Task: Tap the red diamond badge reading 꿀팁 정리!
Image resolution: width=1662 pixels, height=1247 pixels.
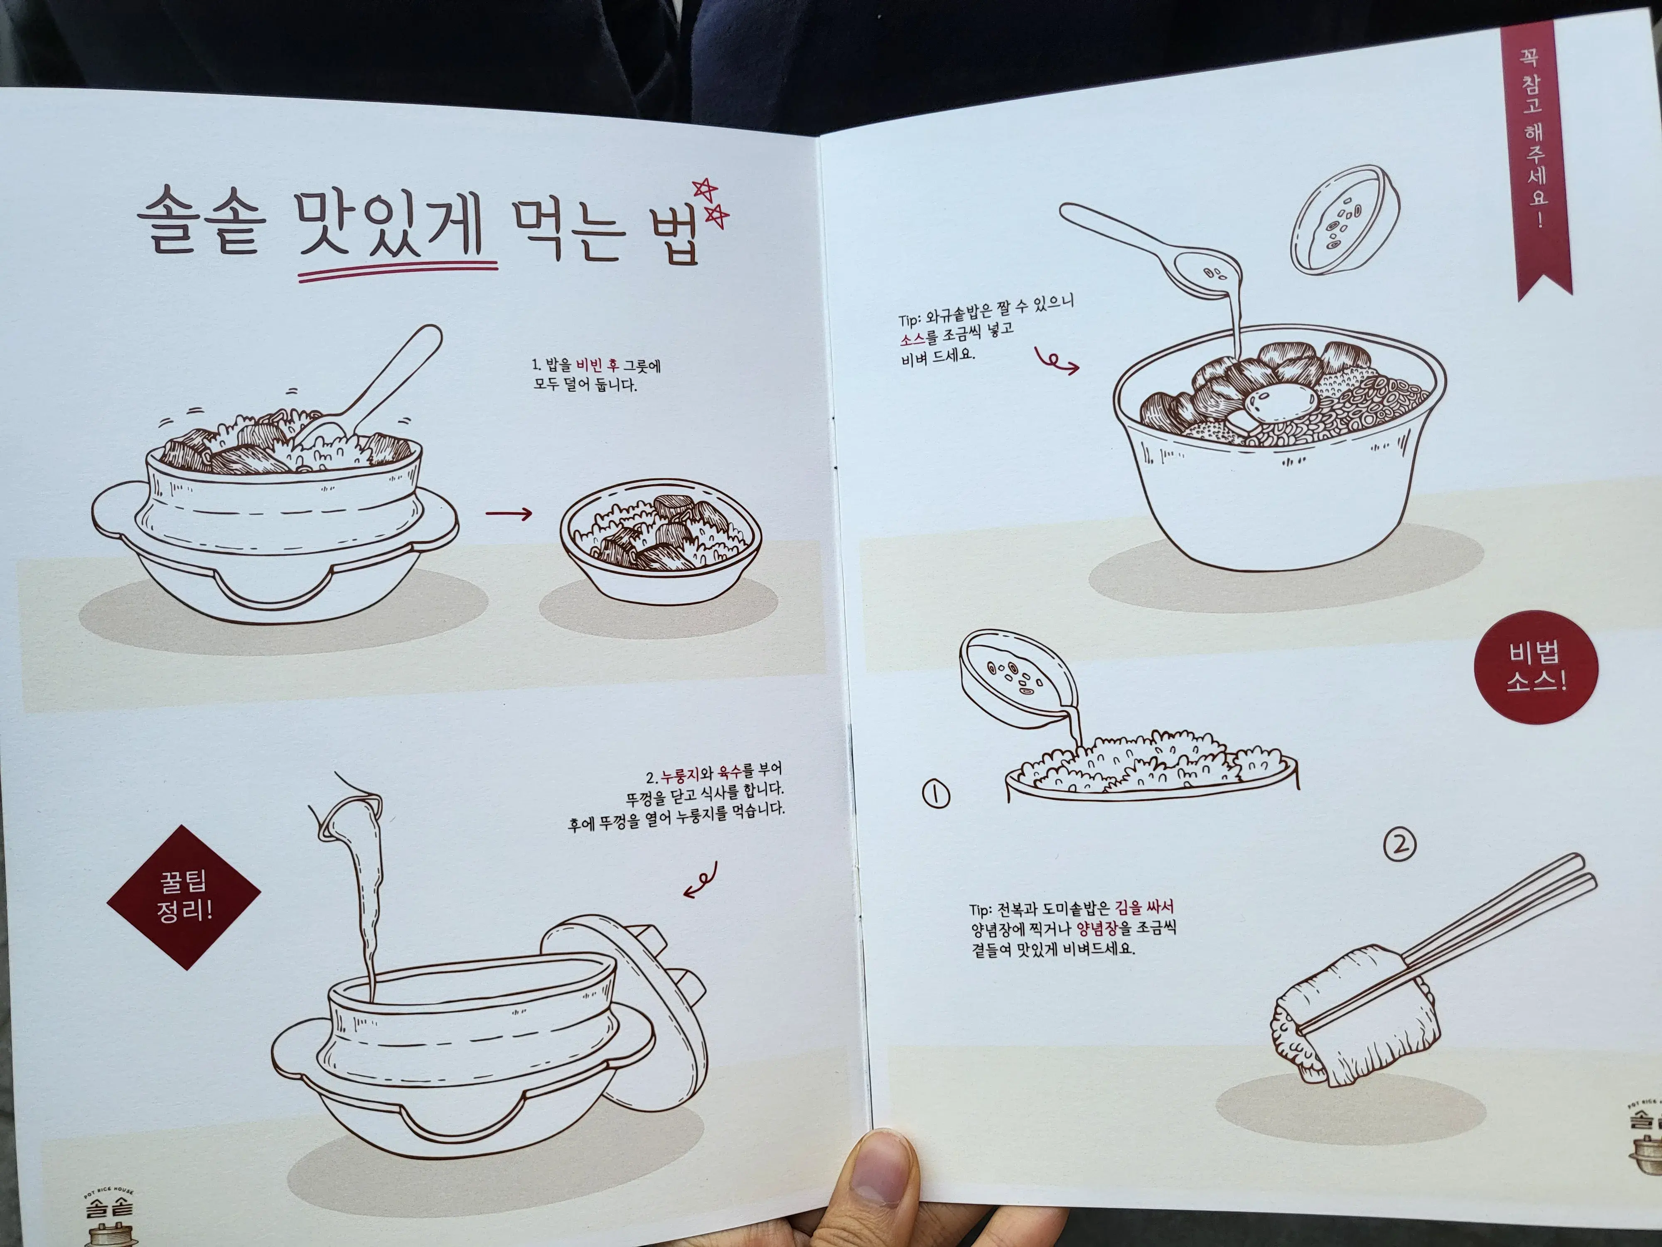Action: [184, 897]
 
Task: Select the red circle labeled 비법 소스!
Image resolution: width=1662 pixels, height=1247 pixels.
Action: [1537, 667]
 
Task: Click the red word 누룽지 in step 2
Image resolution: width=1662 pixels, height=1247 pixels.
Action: [680, 775]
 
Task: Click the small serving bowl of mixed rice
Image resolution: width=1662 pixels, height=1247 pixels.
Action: [661, 541]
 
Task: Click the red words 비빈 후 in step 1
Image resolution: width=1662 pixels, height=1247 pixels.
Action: [597, 365]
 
